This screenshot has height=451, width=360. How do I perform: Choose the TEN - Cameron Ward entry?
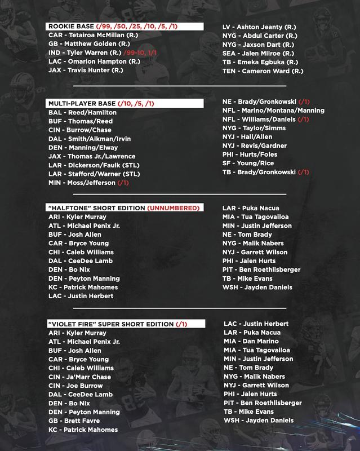(264, 72)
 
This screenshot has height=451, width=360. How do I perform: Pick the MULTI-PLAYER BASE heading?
(80, 103)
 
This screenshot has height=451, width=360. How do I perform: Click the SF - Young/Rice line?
(251, 163)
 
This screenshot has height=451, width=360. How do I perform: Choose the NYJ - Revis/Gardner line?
(256, 146)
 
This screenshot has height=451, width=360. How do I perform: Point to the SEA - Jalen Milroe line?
(259, 54)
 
